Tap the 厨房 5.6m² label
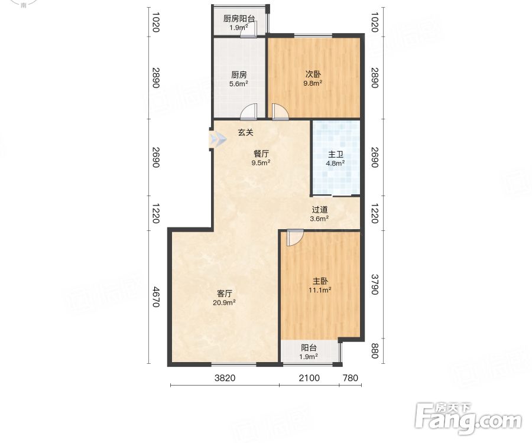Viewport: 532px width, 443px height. point(239,79)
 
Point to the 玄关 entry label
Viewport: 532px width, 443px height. point(246,132)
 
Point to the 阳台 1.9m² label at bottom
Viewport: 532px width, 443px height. point(309,352)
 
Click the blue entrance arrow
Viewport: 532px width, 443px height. point(218,139)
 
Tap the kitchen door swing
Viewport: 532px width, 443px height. point(249,112)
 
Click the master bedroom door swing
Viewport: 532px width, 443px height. point(294,237)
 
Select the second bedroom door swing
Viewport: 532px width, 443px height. point(280,112)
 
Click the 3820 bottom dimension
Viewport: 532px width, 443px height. point(225,377)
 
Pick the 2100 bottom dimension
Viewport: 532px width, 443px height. point(309,377)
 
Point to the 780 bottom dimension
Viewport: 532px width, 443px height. point(351,377)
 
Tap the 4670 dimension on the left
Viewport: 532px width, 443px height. point(155,297)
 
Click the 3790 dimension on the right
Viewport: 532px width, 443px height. point(374,284)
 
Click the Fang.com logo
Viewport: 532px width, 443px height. point(468,419)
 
